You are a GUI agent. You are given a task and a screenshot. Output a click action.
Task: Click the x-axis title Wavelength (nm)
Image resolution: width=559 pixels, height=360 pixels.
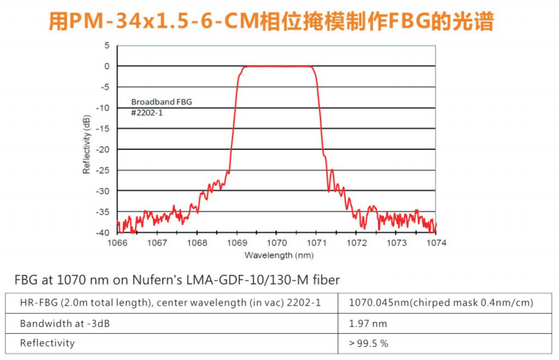click(x=276, y=255)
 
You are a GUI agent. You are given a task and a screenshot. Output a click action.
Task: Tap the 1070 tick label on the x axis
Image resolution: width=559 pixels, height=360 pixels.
click(x=276, y=243)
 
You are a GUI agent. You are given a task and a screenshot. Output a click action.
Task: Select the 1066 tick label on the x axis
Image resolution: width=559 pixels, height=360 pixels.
click(x=117, y=243)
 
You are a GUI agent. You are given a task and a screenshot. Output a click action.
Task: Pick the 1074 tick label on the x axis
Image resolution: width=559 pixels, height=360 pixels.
click(x=435, y=243)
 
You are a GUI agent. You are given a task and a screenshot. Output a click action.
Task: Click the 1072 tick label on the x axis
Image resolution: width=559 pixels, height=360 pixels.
click(x=357, y=243)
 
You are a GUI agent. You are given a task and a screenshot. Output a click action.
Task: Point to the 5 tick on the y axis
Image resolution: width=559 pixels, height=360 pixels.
click(x=106, y=46)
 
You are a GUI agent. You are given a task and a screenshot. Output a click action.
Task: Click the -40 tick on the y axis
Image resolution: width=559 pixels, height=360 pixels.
click(x=103, y=232)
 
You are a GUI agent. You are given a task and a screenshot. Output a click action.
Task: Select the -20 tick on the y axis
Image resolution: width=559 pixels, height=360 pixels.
click(x=103, y=149)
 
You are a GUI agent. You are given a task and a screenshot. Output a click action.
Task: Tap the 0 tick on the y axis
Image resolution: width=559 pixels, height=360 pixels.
click(x=106, y=66)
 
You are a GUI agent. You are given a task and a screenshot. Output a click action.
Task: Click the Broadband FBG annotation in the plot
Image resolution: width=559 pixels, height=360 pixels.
click(x=162, y=102)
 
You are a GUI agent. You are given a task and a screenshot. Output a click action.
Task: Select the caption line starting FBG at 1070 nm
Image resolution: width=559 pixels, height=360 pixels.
click(x=177, y=279)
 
